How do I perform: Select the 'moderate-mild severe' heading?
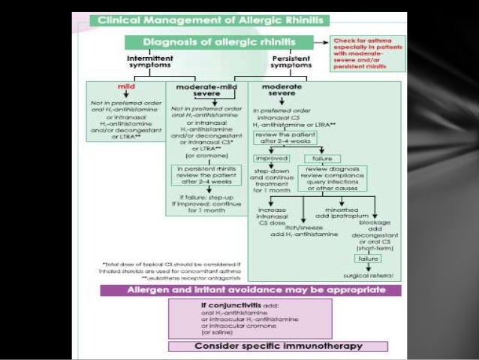(x=207, y=92)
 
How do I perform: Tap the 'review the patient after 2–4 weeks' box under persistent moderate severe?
(x=285, y=137)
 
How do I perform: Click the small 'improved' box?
(x=271, y=159)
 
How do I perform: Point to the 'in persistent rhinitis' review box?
(x=206, y=174)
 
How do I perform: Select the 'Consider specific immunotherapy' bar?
(x=278, y=346)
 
